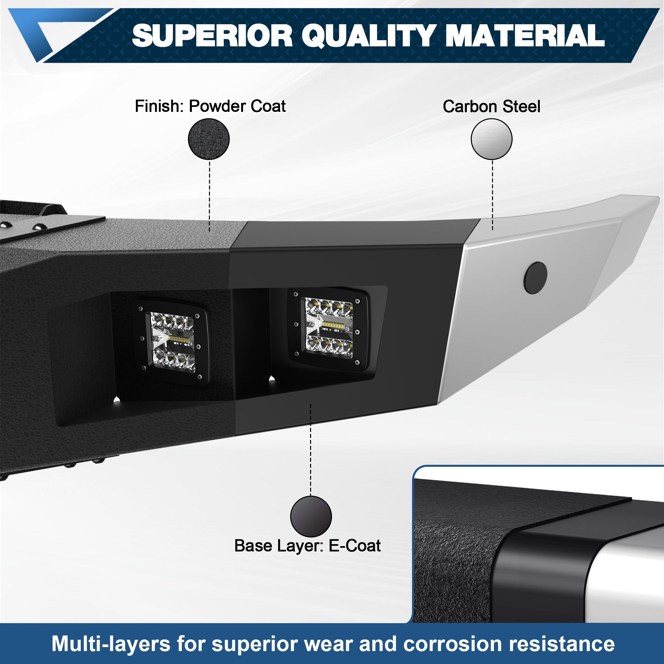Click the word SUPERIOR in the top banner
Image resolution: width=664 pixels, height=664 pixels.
coord(212,36)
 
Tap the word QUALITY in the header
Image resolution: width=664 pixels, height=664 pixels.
coord(370,36)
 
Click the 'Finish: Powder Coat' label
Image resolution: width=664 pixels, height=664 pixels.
coord(210,106)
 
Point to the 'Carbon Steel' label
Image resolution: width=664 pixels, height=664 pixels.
coord(491,107)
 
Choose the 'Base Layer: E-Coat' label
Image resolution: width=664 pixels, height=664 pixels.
coord(307,546)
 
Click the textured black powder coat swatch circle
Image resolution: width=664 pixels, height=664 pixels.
coord(208,139)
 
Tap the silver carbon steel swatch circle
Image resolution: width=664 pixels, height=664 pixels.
coord(491,139)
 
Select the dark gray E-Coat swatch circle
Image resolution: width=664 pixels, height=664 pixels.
coord(311,517)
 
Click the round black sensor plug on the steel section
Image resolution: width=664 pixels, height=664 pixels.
coord(536,278)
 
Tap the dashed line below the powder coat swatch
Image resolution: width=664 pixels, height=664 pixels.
coord(209,196)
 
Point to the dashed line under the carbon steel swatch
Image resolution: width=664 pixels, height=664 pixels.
coord(492,195)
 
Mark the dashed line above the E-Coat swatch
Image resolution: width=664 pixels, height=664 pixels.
coord(311,450)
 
